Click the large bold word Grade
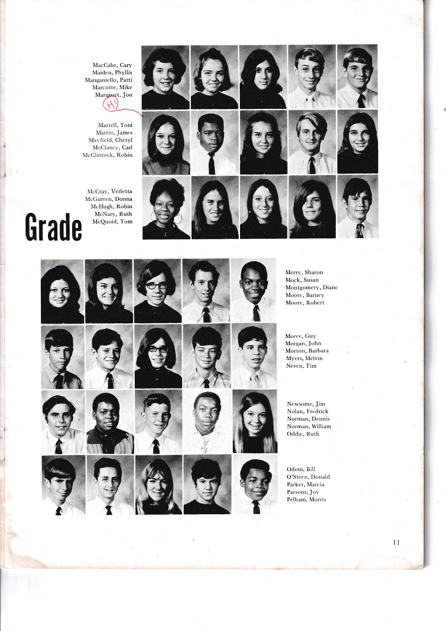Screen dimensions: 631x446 [x=54, y=228]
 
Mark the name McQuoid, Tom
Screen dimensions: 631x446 [x=112, y=221]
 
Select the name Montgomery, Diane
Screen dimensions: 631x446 [x=311, y=288]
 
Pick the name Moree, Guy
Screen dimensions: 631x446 [x=301, y=336]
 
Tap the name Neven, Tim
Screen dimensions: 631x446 [x=301, y=366]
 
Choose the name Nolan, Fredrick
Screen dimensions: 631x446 [x=308, y=411]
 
